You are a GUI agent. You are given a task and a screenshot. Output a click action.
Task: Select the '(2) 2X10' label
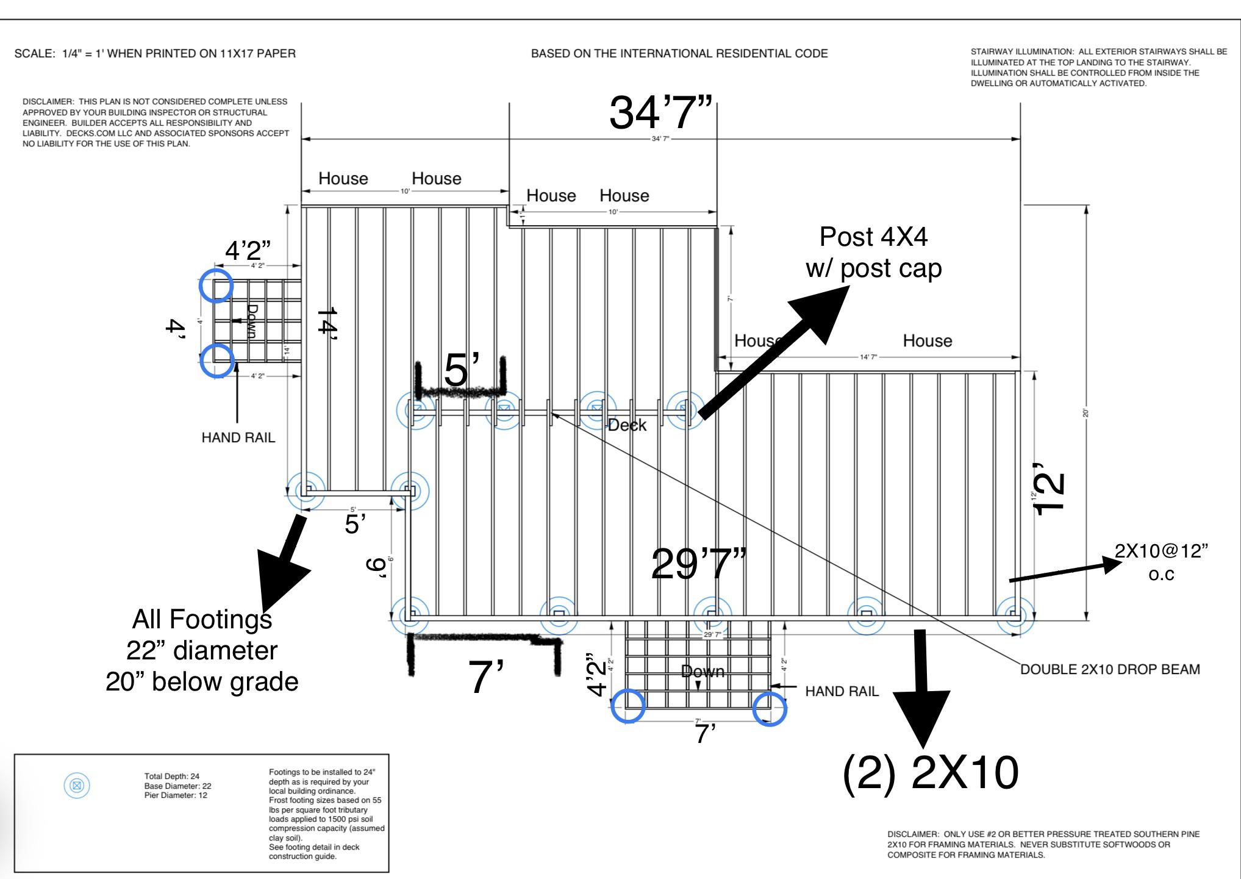click(x=930, y=773)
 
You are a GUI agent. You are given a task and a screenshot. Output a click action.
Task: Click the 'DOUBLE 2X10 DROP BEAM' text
click(x=1110, y=669)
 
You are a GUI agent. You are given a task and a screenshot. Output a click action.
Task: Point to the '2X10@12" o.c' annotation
click(x=1161, y=562)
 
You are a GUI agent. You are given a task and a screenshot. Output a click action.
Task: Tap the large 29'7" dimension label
click(x=698, y=564)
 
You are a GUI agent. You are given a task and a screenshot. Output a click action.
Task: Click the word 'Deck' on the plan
click(x=627, y=425)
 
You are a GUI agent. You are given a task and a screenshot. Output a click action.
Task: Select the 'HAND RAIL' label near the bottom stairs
click(x=842, y=691)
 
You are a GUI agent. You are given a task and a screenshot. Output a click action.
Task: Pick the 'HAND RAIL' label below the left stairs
click(x=238, y=437)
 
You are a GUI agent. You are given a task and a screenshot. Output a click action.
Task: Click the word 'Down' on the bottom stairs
click(x=703, y=672)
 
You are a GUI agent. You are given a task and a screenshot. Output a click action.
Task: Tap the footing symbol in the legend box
click(x=77, y=785)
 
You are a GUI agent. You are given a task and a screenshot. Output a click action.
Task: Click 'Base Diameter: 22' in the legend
click(x=177, y=786)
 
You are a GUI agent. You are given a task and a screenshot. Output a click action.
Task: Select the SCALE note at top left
click(x=155, y=54)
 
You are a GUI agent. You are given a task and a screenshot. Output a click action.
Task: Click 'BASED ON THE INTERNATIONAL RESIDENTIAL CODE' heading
click(x=679, y=54)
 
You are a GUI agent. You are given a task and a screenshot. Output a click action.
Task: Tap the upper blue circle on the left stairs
click(x=216, y=285)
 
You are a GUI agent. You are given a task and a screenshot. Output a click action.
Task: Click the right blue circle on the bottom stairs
click(x=770, y=709)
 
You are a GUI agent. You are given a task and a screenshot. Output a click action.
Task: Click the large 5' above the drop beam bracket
click(x=462, y=370)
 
